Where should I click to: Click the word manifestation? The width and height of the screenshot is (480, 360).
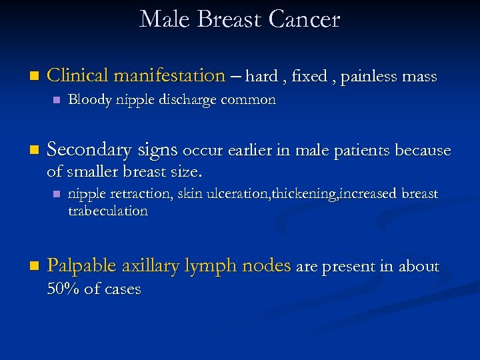[169, 76]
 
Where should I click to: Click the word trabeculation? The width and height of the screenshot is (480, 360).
[108, 211]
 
